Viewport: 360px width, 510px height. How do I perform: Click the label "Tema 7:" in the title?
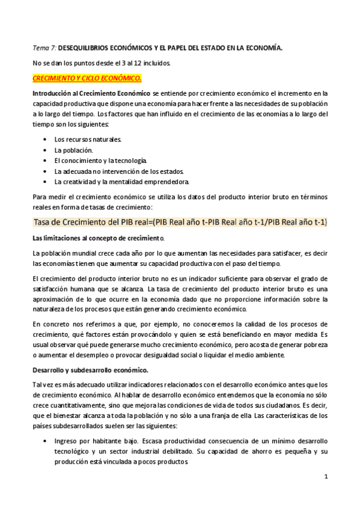tap(44, 46)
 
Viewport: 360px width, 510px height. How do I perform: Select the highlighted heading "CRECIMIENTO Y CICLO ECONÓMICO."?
tap(87, 78)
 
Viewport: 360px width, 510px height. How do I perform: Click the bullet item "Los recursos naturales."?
tap(88, 139)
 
